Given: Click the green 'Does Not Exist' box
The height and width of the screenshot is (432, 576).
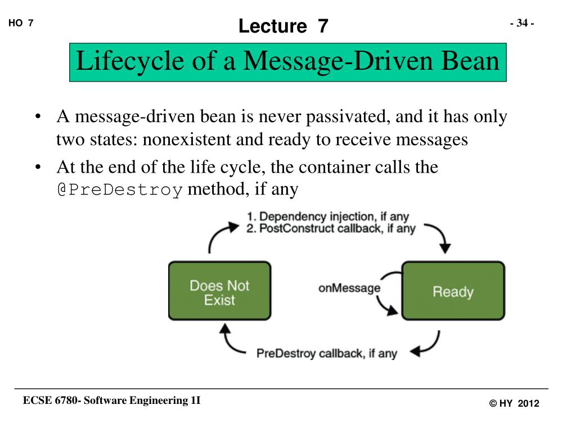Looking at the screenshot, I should click(219, 291).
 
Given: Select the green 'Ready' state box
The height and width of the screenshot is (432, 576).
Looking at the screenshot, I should click(452, 291).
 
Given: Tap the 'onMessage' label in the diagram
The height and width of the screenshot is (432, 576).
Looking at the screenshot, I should click(349, 289).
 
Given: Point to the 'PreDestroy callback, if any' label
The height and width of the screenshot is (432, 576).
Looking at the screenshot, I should click(326, 354).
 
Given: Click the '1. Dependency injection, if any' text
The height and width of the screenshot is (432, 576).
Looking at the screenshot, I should click(327, 217).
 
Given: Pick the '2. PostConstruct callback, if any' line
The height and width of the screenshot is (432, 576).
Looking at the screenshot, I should click(331, 229).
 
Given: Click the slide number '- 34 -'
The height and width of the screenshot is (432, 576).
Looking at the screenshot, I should click(522, 23).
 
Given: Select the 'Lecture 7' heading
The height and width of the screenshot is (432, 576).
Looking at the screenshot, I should click(283, 26).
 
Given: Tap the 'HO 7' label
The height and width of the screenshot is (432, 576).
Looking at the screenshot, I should click(21, 23).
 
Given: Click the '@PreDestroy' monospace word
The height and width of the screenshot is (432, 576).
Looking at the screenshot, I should click(119, 190).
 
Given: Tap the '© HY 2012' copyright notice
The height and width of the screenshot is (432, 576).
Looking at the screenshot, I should click(514, 403).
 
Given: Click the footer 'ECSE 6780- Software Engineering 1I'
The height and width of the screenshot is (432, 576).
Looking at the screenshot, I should click(111, 400).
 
